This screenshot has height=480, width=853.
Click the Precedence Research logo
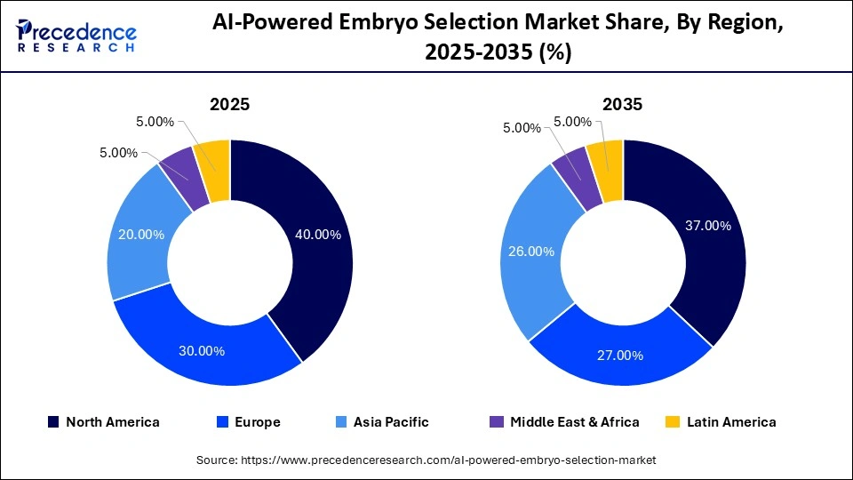click(76, 36)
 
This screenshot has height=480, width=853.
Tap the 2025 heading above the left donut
click(229, 104)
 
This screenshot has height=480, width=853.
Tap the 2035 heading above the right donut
click(622, 104)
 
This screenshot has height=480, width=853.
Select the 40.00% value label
click(316, 236)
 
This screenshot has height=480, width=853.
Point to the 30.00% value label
click(202, 350)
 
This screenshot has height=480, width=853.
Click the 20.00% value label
click(141, 235)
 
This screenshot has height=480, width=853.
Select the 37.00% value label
click(708, 226)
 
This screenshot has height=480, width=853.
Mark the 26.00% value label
click(532, 252)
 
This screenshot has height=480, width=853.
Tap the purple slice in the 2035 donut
click(571, 166)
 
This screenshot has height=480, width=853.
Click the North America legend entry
click(104, 422)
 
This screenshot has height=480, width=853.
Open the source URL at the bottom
click(426, 460)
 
